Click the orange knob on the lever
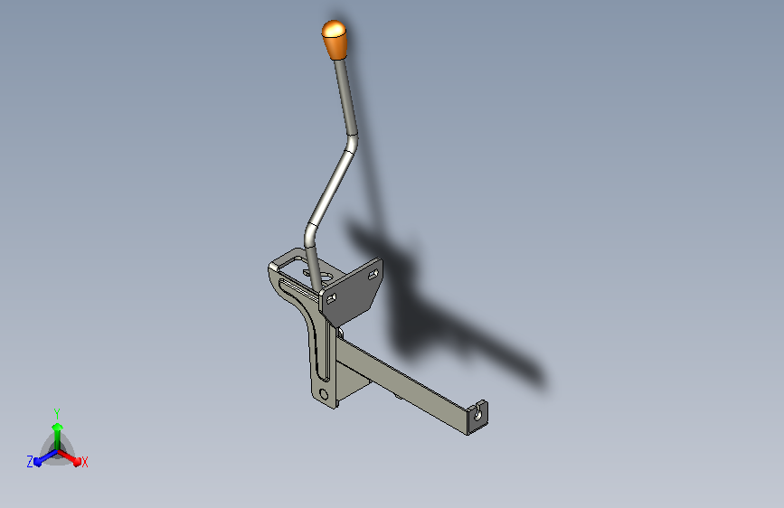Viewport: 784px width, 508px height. click(x=334, y=40)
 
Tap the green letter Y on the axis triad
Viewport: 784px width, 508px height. click(x=56, y=414)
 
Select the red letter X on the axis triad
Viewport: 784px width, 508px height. click(x=84, y=463)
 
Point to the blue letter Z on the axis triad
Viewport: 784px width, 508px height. click(x=30, y=462)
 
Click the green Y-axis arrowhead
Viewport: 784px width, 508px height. click(x=57, y=428)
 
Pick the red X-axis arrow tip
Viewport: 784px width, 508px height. click(x=76, y=460)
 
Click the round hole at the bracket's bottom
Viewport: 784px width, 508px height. click(x=324, y=394)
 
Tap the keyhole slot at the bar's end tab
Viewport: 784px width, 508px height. click(x=478, y=413)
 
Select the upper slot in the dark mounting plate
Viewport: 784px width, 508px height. click(x=373, y=274)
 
